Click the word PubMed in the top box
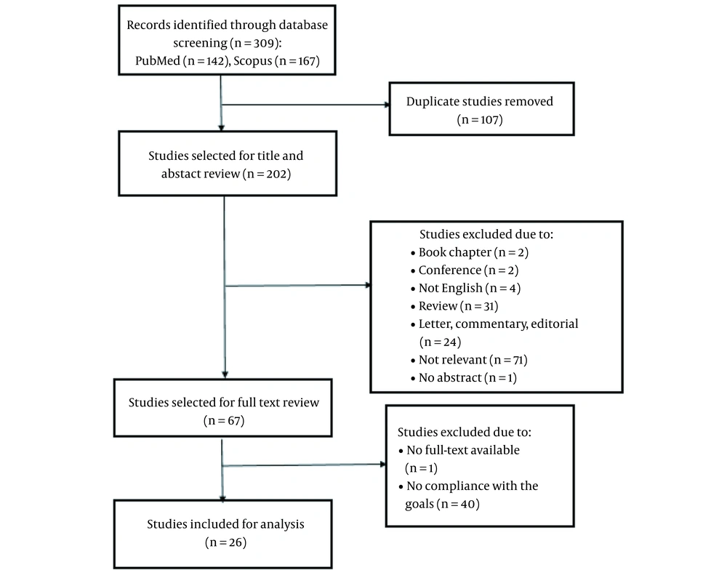tap(158, 61)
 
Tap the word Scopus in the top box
tap(253, 61)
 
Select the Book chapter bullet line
tap(470, 252)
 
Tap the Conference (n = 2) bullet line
tap(465, 270)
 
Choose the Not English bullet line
tap(465, 288)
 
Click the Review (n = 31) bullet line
tap(454, 306)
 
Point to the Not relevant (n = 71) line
tap(469, 360)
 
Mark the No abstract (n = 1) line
tap(464, 378)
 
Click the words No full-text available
tap(462, 450)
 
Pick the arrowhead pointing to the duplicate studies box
tap(387, 105)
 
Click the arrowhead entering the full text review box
tap(225, 374)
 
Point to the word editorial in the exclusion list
tap(555, 324)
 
